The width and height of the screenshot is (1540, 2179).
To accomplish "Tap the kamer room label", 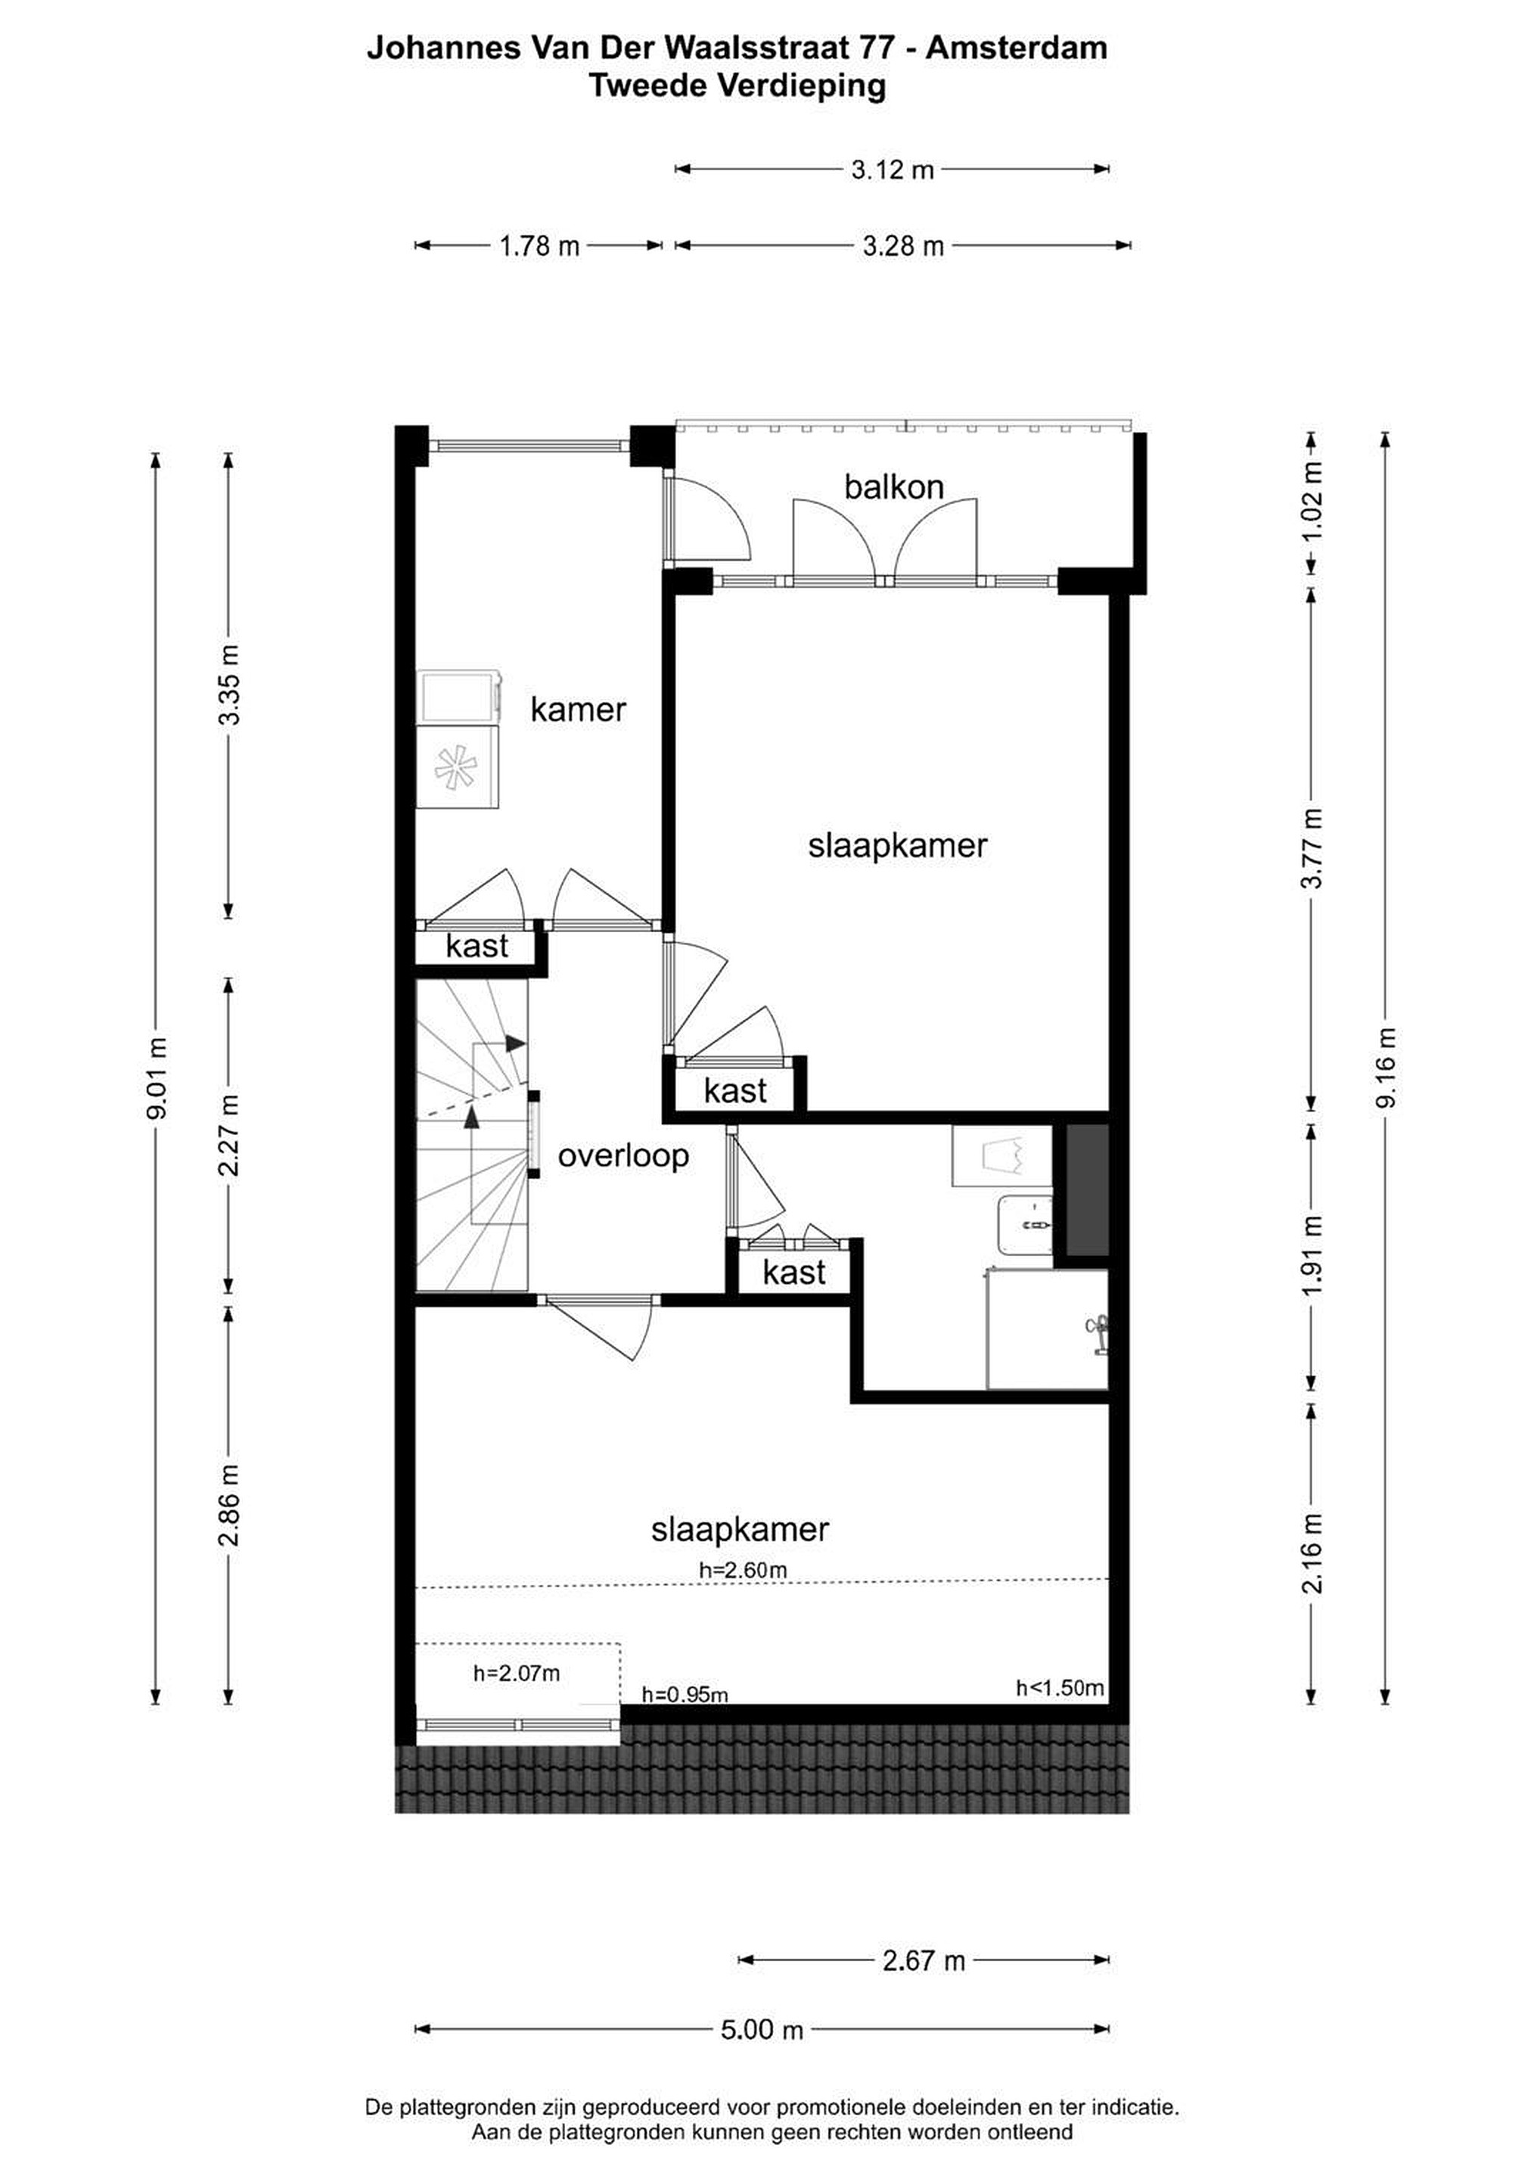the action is tap(578, 709).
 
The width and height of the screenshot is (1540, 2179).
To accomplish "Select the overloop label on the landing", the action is tap(623, 1156).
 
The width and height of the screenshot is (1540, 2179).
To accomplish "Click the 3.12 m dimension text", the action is tap(893, 170).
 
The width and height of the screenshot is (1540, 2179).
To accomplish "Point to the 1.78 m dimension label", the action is tap(539, 246).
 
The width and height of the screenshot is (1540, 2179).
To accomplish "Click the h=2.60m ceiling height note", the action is tap(743, 1570).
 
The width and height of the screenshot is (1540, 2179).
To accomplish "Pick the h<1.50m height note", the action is tap(1060, 1687).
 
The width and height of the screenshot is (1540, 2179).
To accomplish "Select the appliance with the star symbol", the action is tap(460, 767).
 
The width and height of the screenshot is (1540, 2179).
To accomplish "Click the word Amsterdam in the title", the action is tap(1017, 48).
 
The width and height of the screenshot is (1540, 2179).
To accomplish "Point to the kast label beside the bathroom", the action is tap(794, 1273).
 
